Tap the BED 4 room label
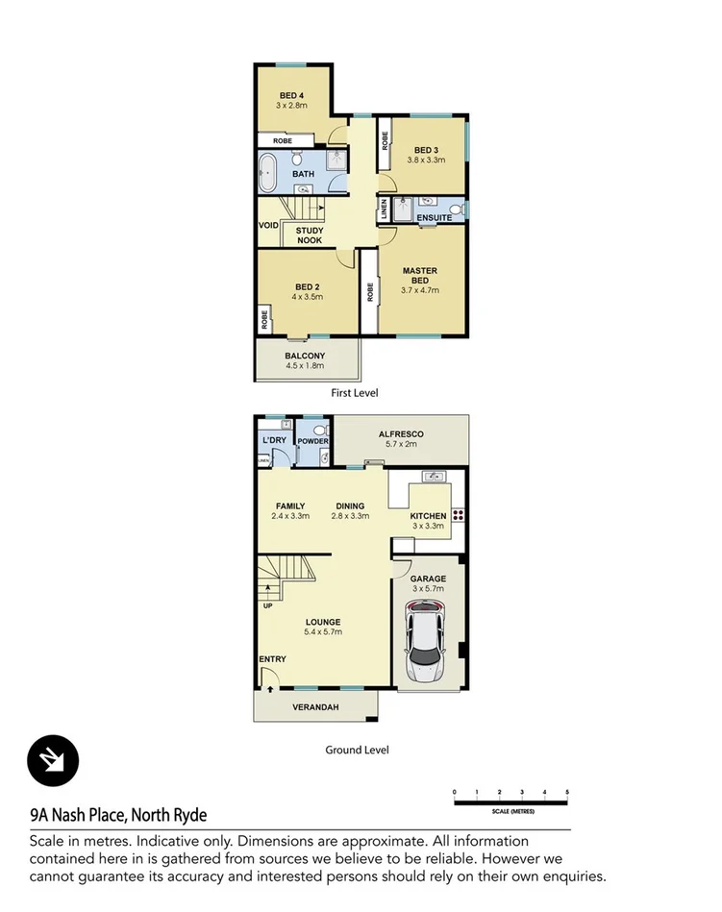tap(292, 95)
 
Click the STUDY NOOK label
tap(310, 235)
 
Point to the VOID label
tap(268, 226)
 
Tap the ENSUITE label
tap(434, 219)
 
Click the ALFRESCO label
tap(403, 434)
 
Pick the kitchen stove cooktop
tap(458, 514)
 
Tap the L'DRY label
tap(275, 441)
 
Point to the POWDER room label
tap(313, 441)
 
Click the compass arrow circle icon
tap(53, 761)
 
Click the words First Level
tap(355, 392)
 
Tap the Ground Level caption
tap(358, 751)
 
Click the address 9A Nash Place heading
tap(118, 815)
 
